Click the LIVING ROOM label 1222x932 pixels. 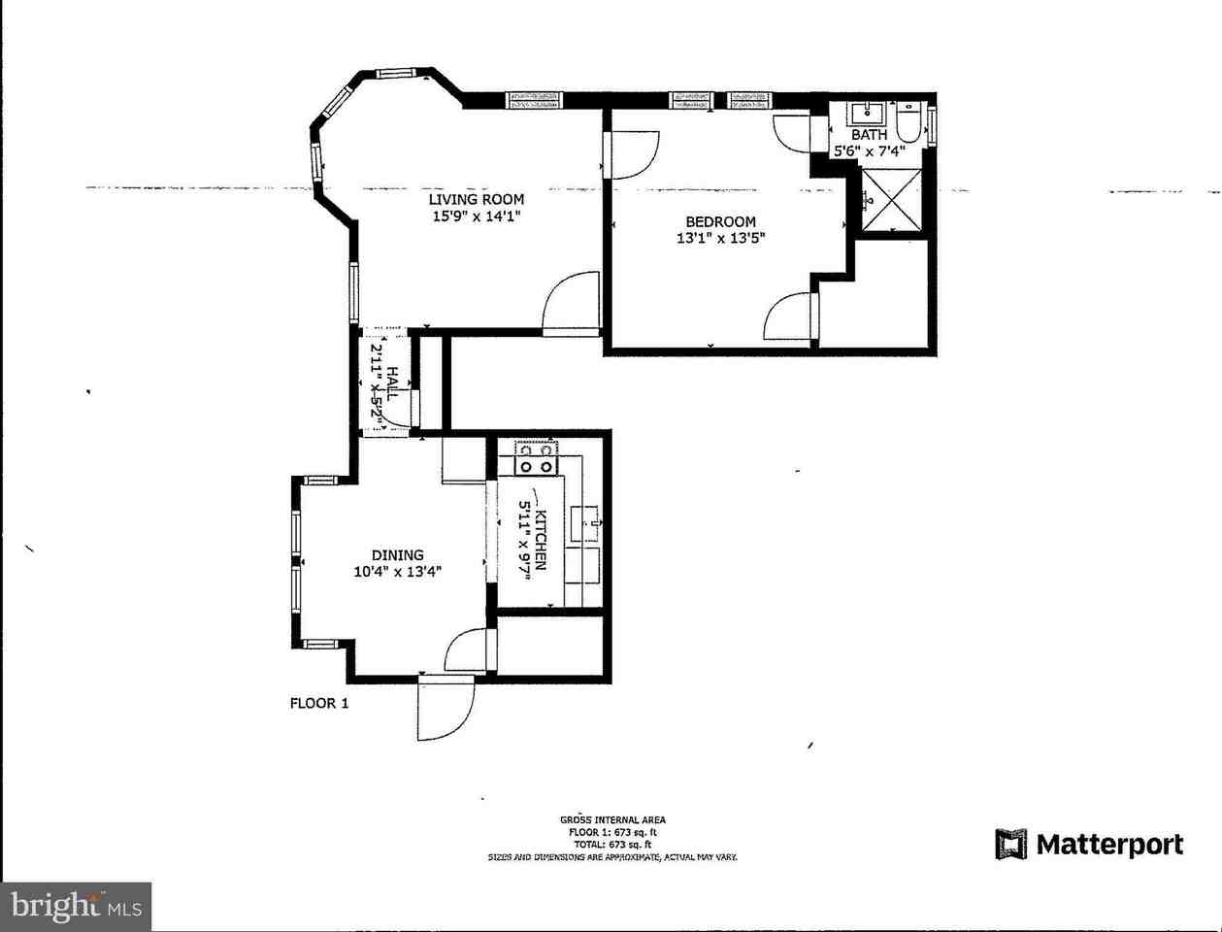477,200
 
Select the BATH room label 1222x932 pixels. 869,135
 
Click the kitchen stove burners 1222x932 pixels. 537,457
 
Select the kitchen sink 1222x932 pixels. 588,522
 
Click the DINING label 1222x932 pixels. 397,555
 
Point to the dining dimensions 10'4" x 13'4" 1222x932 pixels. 397,572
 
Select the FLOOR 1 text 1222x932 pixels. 318,703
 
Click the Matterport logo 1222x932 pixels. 1089,844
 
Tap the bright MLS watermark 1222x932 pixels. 76,907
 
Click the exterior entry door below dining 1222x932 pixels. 446,709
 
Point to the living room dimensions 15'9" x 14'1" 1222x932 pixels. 477,217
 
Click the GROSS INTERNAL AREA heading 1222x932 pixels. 612,820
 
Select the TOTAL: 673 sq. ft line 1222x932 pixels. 612,845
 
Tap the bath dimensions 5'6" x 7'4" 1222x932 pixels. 869,150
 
